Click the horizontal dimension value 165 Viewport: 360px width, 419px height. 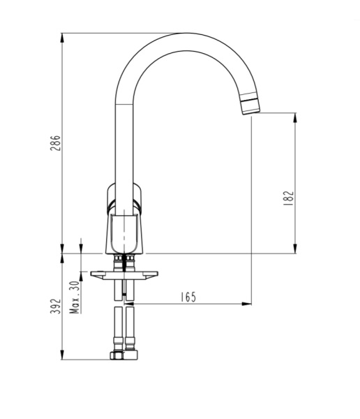pos(188,297)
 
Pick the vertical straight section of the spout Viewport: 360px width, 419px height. pos(123,140)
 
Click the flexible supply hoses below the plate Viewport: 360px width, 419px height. pos(123,328)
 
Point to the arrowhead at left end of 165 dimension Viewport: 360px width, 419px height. pos(128,304)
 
